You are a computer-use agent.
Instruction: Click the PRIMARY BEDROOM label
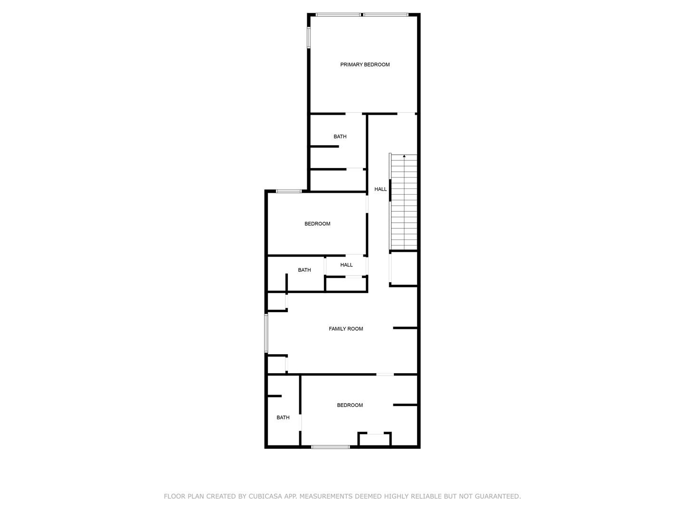click(x=364, y=65)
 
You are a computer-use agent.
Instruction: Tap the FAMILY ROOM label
click(x=345, y=328)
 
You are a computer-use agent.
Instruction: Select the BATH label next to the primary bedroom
click(x=340, y=137)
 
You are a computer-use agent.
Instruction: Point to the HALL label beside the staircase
click(x=380, y=189)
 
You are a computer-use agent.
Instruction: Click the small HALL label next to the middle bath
click(x=346, y=265)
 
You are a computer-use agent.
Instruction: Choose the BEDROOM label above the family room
click(x=317, y=224)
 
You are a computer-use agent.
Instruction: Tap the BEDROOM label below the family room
click(x=350, y=405)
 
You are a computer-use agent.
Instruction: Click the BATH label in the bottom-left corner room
click(x=283, y=417)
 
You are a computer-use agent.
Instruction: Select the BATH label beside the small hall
click(x=304, y=270)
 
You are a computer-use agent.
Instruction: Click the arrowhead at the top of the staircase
click(x=404, y=156)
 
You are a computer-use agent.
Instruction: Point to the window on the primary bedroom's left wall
click(x=308, y=38)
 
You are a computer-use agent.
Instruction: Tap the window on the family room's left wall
click(x=266, y=333)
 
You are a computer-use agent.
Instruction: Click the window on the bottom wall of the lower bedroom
click(x=330, y=447)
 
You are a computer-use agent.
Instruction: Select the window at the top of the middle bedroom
click(x=288, y=191)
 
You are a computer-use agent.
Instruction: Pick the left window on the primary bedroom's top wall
click(x=338, y=15)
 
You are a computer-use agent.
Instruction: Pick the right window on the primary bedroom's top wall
click(x=385, y=15)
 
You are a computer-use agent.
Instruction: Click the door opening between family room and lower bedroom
click(x=384, y=374)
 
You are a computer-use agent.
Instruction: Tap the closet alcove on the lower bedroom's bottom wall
click(x=374, y=439)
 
